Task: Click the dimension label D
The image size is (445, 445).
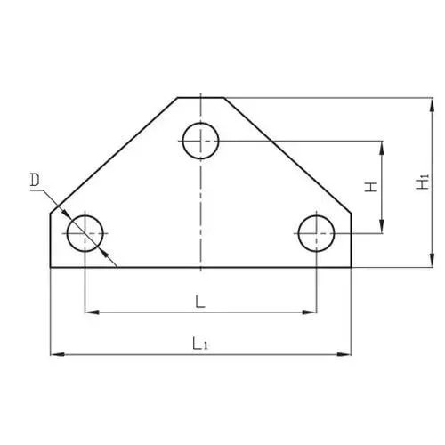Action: pos(35,181)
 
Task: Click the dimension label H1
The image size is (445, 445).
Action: pos(423,182)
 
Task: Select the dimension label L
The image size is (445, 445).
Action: pos(200,302)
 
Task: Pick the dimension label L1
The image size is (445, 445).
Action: pos(200,344)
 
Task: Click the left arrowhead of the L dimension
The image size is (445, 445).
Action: pos(92,312)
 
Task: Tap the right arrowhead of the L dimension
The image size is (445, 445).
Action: pos(310,312)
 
